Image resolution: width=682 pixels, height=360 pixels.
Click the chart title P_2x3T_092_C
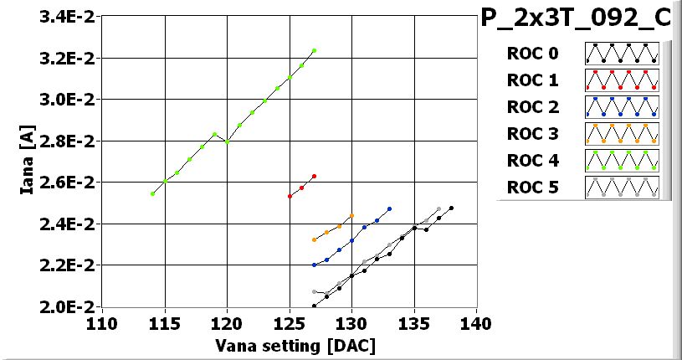coord(576,19)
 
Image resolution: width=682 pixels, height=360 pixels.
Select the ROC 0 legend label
coord(532,54)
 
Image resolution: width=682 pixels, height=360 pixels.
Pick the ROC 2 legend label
coord(532,107)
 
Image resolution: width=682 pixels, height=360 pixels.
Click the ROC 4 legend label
coord(532,161)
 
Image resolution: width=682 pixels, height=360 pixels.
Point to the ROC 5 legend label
coord(532,188)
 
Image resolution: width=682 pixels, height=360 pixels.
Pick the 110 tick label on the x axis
coord(103,324)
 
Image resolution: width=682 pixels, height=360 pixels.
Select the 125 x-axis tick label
coord(290,324)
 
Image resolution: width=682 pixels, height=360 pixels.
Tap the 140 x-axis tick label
coord(476,324)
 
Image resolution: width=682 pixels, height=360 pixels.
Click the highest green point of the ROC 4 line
coord(314,50)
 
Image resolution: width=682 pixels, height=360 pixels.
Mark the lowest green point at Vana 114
coord(152,193)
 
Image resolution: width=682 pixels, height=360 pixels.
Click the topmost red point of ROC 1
coord(314,177)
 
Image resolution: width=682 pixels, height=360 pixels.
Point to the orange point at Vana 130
coord(351,216)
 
